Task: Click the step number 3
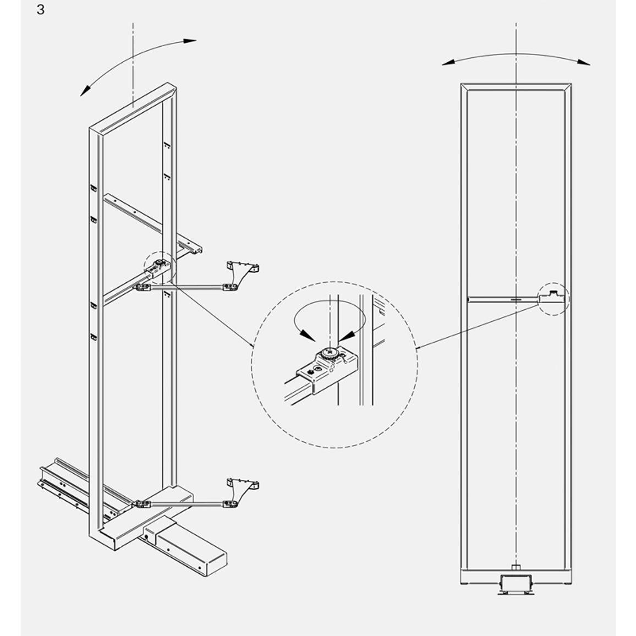[x=40, y=9]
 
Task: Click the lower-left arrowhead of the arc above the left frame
[x=86, y=90]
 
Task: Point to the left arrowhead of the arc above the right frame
[x=448, y=63]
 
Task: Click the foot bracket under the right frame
[x=516, y=584]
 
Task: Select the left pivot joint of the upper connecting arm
[x=142, y=287]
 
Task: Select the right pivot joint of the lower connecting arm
[x=231, y=504]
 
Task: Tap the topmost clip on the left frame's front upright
[x=94, y=188]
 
